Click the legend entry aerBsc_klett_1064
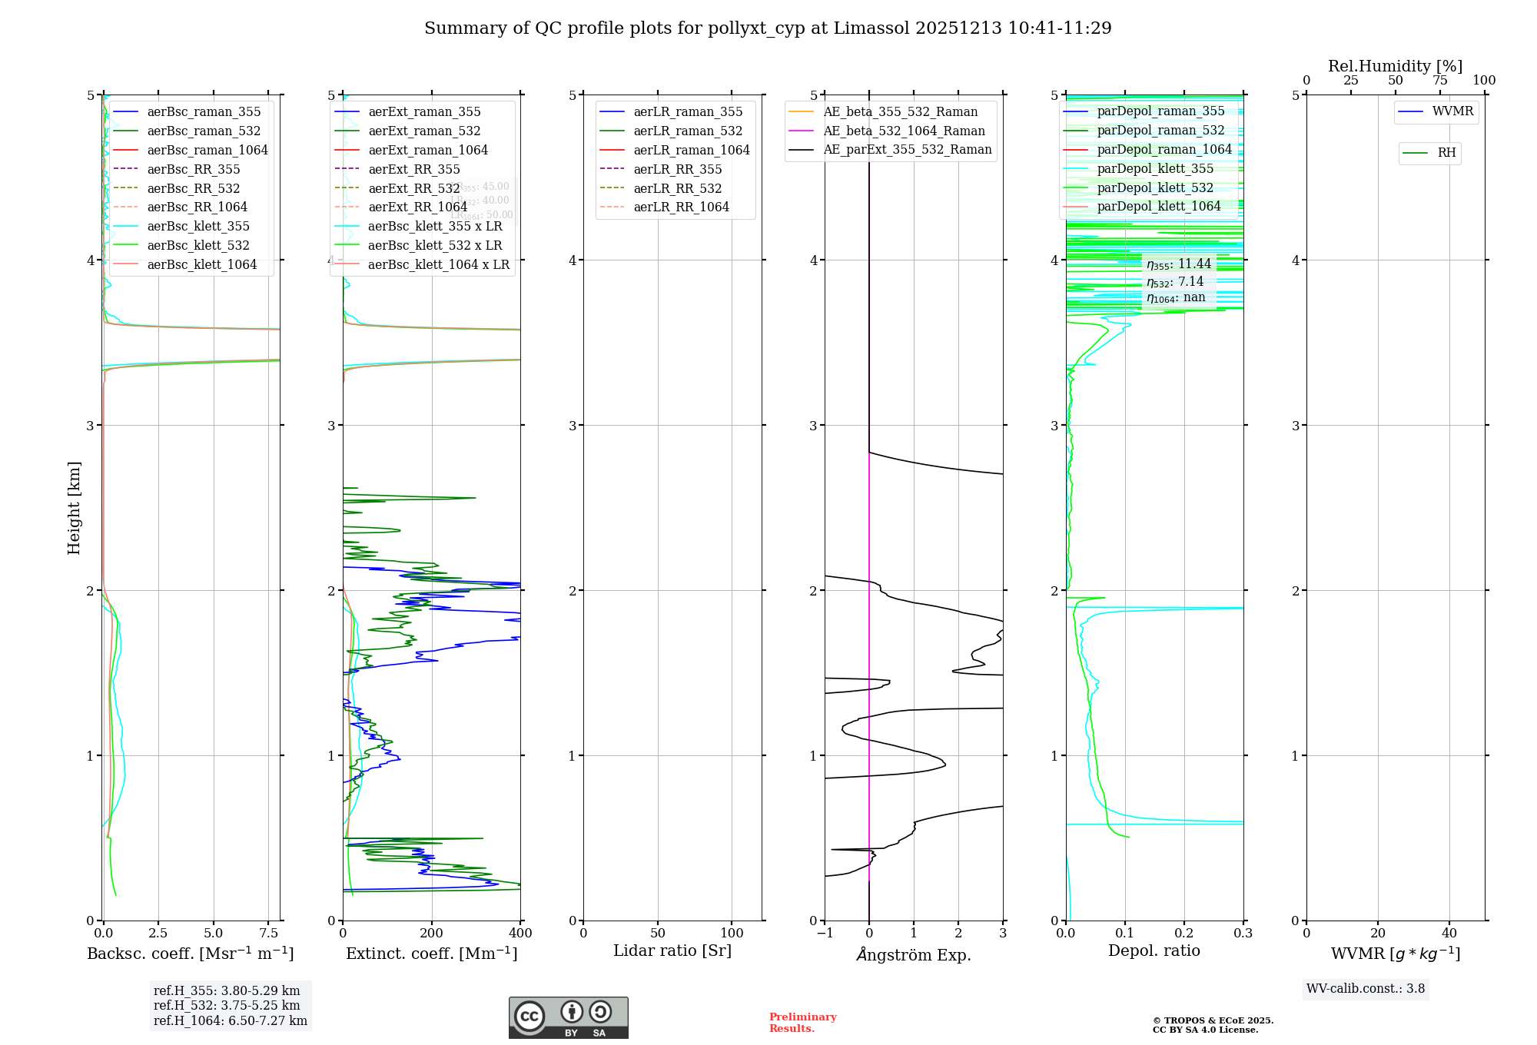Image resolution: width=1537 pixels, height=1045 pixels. point(201,264)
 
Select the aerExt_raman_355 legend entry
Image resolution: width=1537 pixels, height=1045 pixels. point(424,111)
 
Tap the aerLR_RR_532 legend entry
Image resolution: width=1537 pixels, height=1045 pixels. point(677,188)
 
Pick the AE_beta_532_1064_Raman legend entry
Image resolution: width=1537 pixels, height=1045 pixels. point(904,131)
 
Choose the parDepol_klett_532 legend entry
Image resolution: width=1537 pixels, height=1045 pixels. point(1154,187)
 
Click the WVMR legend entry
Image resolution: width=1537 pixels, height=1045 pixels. point(1452,111)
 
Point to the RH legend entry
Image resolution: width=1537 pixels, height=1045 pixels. point(1446,153)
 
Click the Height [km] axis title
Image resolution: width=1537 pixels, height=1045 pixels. point(74,507)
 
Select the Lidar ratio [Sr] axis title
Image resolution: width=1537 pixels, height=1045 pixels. point(672,950)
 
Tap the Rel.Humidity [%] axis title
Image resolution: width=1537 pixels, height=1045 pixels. point(1395,66)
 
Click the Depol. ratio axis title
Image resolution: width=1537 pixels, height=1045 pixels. point(1154,950)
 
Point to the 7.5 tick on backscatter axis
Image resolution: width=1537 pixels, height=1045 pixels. point(268,933)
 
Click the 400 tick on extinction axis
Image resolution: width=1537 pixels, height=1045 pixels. point(520,933)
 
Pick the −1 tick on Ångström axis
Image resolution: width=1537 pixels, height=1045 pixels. point(824,933)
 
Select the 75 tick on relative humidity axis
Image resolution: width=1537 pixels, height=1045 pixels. point(1439,80)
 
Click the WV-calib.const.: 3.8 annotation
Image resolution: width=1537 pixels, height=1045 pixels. point(1365,989)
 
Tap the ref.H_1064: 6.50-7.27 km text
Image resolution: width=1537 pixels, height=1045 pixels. point(231,1020)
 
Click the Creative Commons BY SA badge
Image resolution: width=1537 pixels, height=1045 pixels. point(568,1017)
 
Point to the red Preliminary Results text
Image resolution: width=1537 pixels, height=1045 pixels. point(802,1023)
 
